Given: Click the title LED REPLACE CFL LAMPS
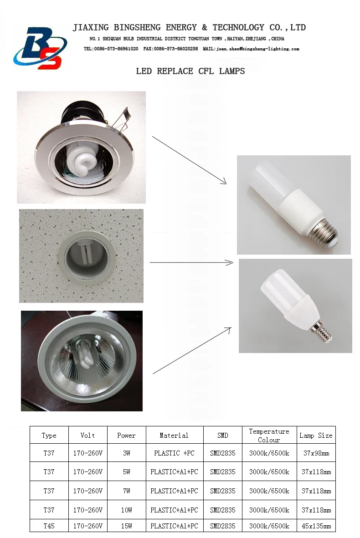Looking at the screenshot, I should coord(190,71).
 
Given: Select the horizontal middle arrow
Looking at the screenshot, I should coord(191,262).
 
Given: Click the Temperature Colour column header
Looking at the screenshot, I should coord(269,436).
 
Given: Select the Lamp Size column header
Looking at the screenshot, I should coord(316,436).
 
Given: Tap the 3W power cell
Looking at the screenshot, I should coord(126,453).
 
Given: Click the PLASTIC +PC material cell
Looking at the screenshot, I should coord(174,453).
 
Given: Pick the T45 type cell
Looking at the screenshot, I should coord(49,526).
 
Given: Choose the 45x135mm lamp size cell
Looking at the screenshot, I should coord(316,526).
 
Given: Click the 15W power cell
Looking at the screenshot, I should coord(126,526).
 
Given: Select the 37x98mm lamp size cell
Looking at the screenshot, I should coord(316,453).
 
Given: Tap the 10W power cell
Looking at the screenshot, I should coord(126,510).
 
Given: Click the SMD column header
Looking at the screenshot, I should coord(222,436).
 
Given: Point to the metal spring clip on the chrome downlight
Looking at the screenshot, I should coord(124,116).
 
